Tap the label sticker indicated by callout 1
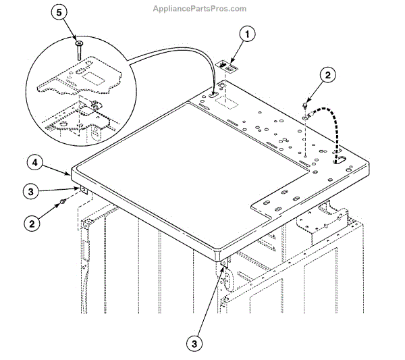[x=227, y=66]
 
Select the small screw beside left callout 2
[x=63, y=201]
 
